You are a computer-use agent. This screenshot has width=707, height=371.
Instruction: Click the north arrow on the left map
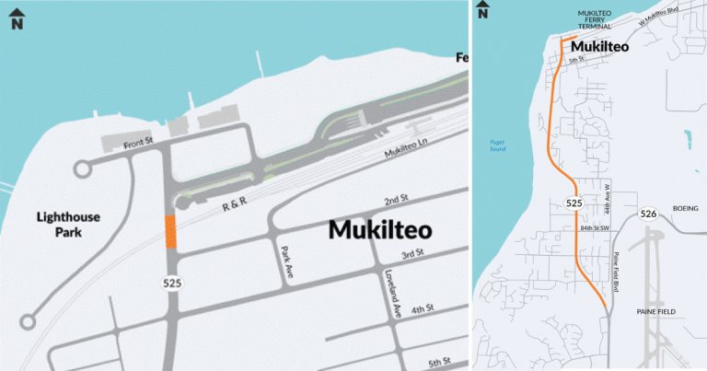pyautogui.click(x=17, y=18)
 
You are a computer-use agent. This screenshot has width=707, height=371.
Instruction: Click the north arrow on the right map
pyautogui.click(x=482, y=11)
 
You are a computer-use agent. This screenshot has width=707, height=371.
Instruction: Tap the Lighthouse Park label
pyautogui.click(x=68, y=225)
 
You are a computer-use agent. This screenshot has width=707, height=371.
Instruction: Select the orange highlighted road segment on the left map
pyautogui.click(x=169, y=231)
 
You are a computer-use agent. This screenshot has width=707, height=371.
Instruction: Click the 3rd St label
pyautogui.click(x=411, y=252)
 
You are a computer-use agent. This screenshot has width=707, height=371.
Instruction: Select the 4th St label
pyautogui.click(x=423, y=308)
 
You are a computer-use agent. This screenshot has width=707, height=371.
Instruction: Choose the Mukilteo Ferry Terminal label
pyautogui.click(x=595, y=20)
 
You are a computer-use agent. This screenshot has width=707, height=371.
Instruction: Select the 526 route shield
pyautogui.click(x=648, y=214)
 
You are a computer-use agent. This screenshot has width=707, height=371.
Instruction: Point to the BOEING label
pyautogui.click(x=686, y=208)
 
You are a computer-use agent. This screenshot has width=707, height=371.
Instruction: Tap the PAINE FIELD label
pyautogui.click(x=656, y=312)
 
